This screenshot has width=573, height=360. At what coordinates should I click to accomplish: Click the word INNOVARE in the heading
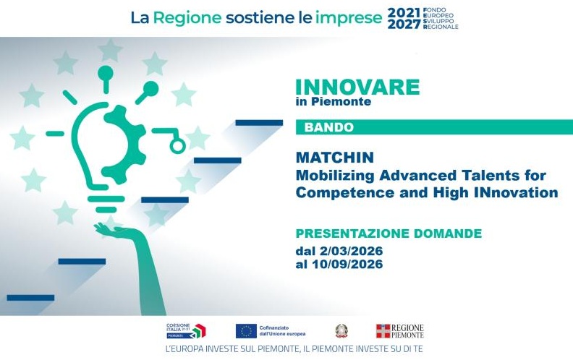pyautogui.click(x=357, y=87)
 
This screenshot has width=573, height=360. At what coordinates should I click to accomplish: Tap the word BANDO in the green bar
pyautogui.click(x=328, y=127)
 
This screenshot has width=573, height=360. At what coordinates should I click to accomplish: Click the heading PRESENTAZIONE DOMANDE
pyautogui.click(x=389, y=233)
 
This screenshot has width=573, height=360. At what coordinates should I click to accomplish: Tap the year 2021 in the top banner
pyautogui.click(x=403, y=13)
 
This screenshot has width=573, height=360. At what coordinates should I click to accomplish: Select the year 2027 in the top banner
pyautogui.click(x=403, y=25)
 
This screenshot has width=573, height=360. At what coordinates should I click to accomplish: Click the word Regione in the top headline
pyautogui.click(x=189, y=19)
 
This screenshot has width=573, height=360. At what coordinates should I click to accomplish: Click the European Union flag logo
pyautogui.click(x=246, y=331)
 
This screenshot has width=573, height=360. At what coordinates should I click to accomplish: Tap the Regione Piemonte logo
pyautogui.click(x=399, y=331)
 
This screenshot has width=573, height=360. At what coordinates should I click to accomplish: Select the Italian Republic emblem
pyautogui.click(x=341, y=331)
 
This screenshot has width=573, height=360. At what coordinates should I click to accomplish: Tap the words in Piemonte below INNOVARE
pyautogui.click(x=334, y=102)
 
